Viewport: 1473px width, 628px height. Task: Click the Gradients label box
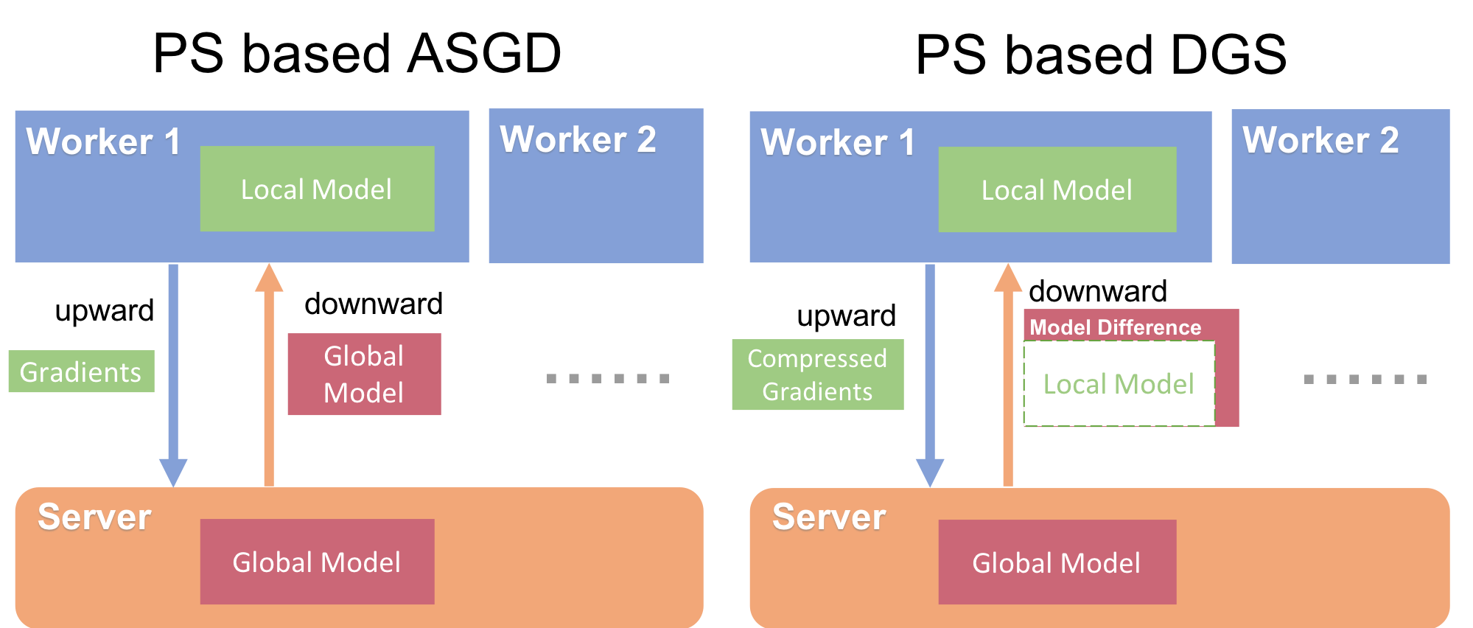click(81, 371)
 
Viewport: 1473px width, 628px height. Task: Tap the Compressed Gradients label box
click(817, 374)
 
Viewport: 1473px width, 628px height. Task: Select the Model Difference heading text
click(1115, 327)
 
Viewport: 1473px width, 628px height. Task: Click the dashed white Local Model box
click(1119, 384)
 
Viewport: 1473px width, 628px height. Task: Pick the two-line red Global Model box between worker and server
click(364, 374)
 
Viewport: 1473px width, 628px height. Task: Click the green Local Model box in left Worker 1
click(317, 189)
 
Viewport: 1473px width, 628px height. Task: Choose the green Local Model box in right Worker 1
click(1057, 189)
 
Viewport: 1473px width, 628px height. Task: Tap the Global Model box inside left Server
click(317, 562)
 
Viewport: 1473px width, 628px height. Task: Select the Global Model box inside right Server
click(1057, 562)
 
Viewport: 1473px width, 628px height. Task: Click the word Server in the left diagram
click(94, 517)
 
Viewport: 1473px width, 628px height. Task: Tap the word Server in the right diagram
click(828, 517)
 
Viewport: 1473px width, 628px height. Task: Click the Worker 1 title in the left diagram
click(103, 142)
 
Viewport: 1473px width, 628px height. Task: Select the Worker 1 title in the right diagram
click(838, 142)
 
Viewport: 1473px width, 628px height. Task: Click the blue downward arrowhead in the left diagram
click(173, 472)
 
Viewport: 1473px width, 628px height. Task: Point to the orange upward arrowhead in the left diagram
click(269, 279)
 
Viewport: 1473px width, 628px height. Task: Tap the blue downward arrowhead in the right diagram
click(930, 472)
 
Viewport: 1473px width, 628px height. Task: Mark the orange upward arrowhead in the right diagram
click(1008, 279)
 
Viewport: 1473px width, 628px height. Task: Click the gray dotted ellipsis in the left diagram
click(608, 378)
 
